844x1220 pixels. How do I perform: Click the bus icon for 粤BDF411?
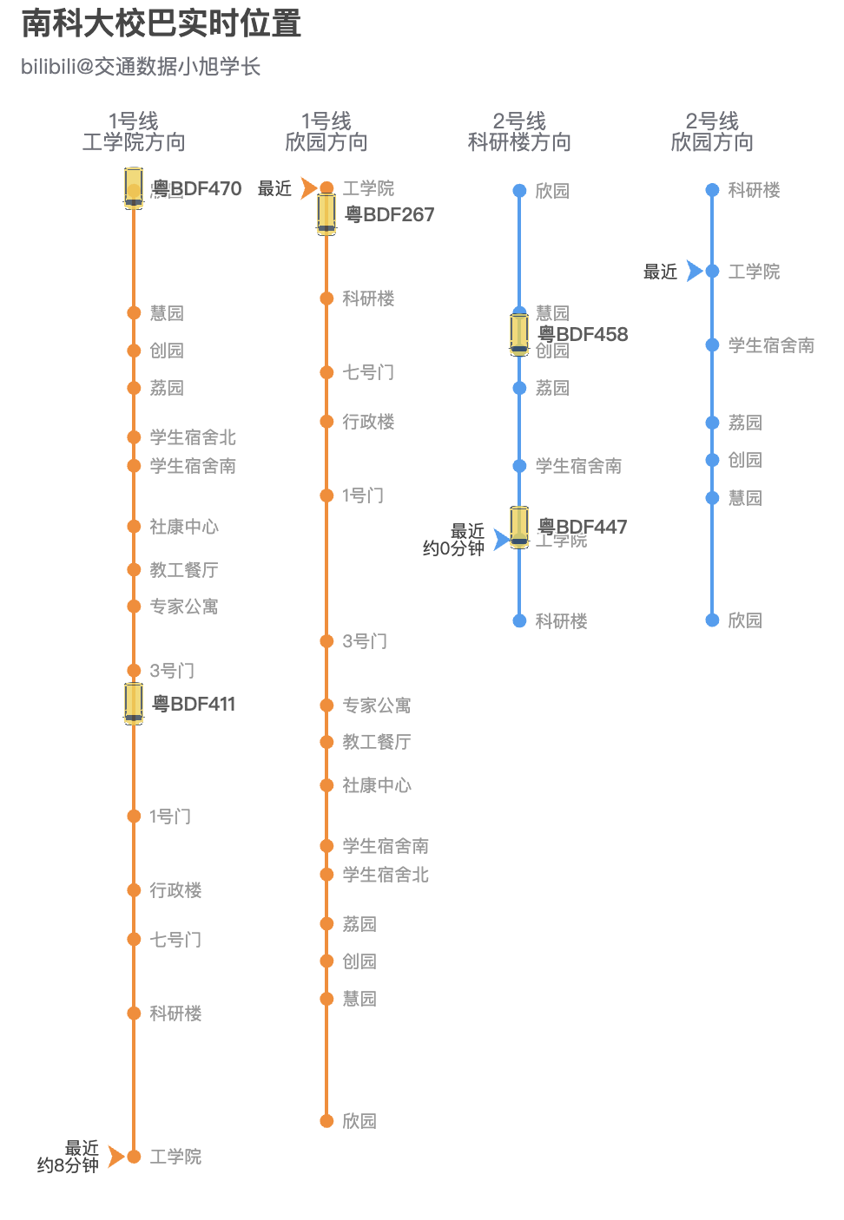coord(134,703)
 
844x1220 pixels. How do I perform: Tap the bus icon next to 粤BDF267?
coord(326,213)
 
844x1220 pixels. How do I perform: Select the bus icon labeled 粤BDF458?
coord(519,334)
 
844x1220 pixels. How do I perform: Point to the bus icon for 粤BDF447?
coord(519,527)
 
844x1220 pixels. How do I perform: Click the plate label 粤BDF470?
coord(197,188)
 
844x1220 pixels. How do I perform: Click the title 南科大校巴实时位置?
coord(162,23)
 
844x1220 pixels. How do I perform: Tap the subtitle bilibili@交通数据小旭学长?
coord(141,67)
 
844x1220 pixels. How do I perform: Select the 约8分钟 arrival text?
coord(68,1165)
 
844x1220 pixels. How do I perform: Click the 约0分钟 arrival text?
coord(453,548)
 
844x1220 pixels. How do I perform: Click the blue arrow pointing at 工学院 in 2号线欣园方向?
coord(694,272)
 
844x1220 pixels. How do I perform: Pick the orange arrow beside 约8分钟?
coord(115,1157)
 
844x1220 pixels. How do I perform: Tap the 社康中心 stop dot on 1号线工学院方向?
coord(134,527)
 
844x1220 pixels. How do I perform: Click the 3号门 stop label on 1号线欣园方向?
coord(365,641)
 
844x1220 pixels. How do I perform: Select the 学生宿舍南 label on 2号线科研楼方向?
coord(578,466)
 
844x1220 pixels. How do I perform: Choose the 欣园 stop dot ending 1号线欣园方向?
coord(326,1121)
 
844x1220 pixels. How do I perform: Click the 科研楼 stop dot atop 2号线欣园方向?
coord(712,190)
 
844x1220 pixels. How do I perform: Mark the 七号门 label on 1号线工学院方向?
coord(175,940)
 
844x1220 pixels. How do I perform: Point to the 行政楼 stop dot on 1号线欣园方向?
coord(326,422)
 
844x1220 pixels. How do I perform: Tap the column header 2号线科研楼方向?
coord(519,132)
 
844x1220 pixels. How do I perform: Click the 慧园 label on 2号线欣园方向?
coord(745,498)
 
